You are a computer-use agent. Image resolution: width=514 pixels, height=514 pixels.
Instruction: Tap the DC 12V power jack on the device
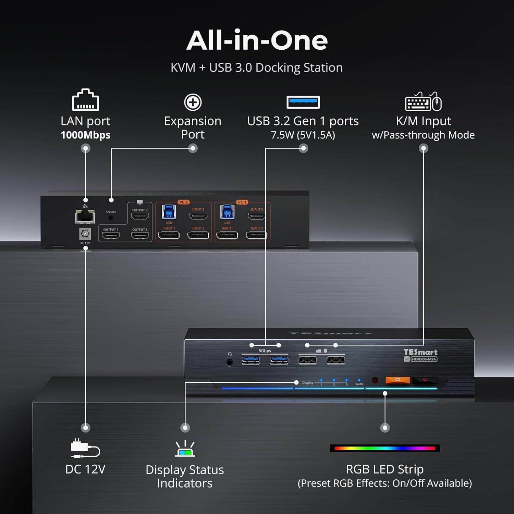point(85,234)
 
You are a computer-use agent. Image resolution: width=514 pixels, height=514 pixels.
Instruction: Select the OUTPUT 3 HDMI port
point(140,216)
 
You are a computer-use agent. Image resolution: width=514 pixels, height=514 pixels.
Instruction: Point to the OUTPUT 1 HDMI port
point(111,235)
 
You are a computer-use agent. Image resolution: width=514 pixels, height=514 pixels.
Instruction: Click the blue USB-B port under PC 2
point(169,212)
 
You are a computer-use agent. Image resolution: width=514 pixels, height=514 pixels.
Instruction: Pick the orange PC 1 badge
point(242,202)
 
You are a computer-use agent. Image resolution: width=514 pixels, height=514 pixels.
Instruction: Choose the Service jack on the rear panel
point(111,218)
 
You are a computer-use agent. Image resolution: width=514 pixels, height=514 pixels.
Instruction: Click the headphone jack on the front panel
point(230,362)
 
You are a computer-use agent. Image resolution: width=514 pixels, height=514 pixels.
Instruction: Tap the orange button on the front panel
point(397,380)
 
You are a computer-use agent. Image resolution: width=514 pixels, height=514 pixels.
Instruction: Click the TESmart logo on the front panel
point(420,352)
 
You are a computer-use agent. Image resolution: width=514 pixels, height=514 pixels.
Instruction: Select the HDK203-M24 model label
point(424,359)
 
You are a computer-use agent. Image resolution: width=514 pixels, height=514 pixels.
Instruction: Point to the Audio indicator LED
point(359,380)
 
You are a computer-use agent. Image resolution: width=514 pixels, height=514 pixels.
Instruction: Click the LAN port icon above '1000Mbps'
point(85,100)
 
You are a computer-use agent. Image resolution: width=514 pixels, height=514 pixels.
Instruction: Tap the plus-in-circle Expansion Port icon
point(193,102)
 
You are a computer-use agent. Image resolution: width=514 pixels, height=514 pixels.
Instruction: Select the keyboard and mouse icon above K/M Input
point(423,102)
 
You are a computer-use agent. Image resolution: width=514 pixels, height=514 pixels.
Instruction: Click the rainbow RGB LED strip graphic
point(385,448)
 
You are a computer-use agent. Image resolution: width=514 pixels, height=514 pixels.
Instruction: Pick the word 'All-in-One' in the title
point(257,40)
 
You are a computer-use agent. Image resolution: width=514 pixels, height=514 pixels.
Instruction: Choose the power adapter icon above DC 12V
point(85,448)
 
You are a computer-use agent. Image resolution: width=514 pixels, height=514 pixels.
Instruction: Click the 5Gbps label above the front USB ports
point(265,351)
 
